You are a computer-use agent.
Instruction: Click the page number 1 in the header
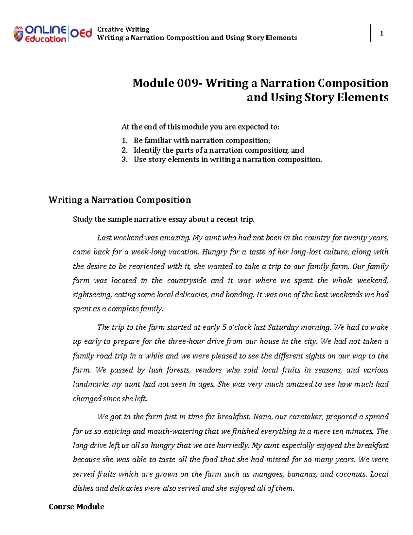click(381, 33)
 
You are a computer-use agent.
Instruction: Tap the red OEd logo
click(81, 33)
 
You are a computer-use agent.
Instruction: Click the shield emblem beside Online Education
click(18, 34)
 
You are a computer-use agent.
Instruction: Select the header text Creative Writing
click(123, 29)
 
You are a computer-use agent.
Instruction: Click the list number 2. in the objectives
click(125, 150)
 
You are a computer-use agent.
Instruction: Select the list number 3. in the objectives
click(125, 159)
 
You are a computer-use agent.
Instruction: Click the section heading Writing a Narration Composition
click(119, 200)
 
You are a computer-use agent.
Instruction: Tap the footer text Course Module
click(76, 506)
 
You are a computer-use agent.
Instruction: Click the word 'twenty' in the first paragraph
click(355, 238)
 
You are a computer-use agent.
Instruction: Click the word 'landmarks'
click(91, 384)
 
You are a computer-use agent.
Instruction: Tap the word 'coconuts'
click(351, 474)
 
